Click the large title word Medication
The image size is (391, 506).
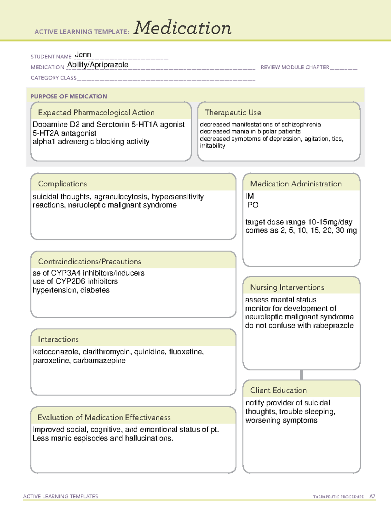point(182,28)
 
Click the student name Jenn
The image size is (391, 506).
point(83,55)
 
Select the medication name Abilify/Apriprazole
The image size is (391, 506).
point(98,65)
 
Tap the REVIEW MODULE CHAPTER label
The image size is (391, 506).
point(295,67)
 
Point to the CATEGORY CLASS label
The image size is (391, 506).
point(53,78)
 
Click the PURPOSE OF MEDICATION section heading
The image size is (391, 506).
point(68,96)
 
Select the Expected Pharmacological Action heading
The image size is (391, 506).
point(96,112)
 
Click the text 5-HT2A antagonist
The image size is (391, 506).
point(64,133)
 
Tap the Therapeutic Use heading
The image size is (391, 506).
point(233,112)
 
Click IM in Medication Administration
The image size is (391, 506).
point(250,196)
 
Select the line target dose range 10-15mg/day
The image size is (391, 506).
point(298,222)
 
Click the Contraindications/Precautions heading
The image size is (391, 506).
point(89,262)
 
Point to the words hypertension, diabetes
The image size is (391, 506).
point(71,290)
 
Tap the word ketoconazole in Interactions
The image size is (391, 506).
point(56,352)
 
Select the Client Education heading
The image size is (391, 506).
point(278,390)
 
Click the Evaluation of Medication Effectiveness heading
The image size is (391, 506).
point(104,417)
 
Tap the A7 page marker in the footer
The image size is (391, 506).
point(372,497)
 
